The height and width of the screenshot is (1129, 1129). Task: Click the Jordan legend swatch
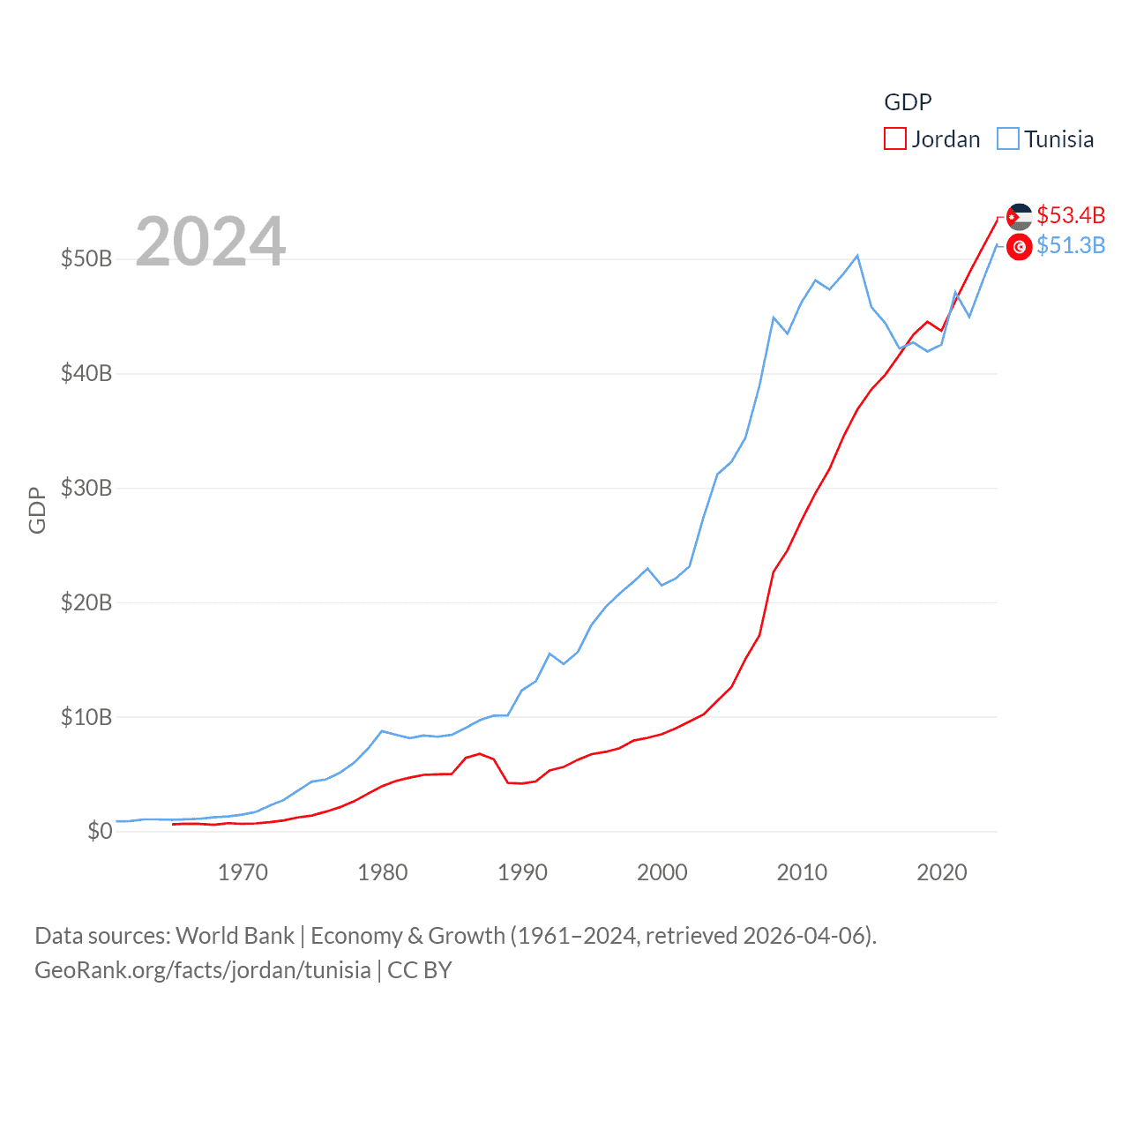(895, 139)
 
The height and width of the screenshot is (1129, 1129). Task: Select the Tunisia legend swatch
(1008, 139)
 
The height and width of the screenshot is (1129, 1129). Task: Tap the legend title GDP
(908, 102)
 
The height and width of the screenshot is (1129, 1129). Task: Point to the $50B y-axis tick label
(86, 258)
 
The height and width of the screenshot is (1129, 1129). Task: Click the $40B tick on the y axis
(86, 373)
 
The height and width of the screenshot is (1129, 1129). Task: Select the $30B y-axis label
(86, 488)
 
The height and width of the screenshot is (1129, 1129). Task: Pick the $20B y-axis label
(86, 602)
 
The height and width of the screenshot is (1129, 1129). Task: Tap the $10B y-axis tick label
(86, 717)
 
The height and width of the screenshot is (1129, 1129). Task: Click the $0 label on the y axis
(100, 831)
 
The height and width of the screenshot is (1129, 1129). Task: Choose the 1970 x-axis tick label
(243, 872)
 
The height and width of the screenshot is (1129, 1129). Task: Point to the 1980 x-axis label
(383, 872)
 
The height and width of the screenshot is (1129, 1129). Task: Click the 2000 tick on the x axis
(662, 872)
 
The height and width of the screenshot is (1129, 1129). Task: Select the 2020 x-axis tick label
(942, 872)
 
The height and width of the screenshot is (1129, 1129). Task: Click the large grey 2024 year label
(211, 241)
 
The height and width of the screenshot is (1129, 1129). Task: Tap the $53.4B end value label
(1071, 215)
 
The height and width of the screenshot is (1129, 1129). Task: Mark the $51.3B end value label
(1071, 245)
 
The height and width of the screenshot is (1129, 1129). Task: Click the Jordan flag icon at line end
(1020, 216)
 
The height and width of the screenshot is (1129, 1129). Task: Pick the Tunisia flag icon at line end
(1020, 247)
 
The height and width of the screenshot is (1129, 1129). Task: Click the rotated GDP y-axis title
(37, 510)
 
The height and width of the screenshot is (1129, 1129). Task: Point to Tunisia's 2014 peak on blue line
(857, 256)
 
